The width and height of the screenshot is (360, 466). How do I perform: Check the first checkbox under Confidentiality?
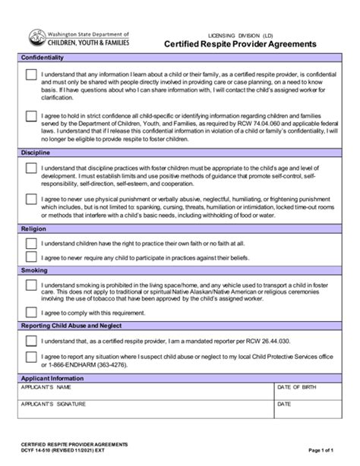31,75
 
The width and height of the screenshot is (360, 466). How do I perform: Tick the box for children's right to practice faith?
31,243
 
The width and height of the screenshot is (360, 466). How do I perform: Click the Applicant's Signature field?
144,409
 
